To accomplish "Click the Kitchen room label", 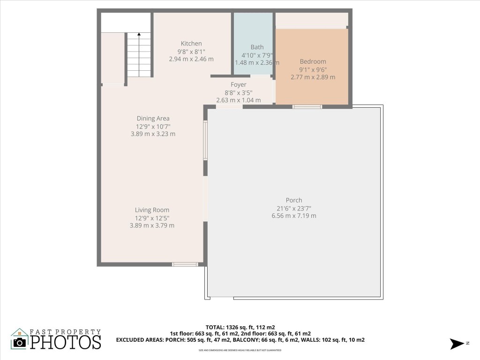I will [x=191, y=44].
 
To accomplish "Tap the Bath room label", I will [x=257, y=47].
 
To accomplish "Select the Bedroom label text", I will [x=313, y=61].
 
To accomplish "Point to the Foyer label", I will [x=238, y=85].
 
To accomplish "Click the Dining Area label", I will [x=153, y=119].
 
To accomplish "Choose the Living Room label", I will [x=152, y=210].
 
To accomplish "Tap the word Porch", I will [x=294, y=200].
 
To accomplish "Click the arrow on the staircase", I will [x=139, y=35].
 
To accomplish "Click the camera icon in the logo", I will [x=20, y=342].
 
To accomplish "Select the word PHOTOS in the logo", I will [x=66, y=342].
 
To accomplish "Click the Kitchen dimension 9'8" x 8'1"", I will [x=191, y=52].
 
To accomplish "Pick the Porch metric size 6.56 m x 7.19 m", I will [x=294, y=216].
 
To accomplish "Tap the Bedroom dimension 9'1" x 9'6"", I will [x=313, y=69].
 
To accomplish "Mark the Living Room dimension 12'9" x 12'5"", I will [x=152, y=218].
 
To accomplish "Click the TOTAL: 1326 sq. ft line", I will [x=240, y=327].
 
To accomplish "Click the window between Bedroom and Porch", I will [x=307, y=107].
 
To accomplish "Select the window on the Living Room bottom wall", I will [x=185, y=264].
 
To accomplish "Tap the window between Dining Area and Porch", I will [x=205, y=141].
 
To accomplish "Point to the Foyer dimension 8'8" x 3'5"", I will [x=238, y=92].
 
